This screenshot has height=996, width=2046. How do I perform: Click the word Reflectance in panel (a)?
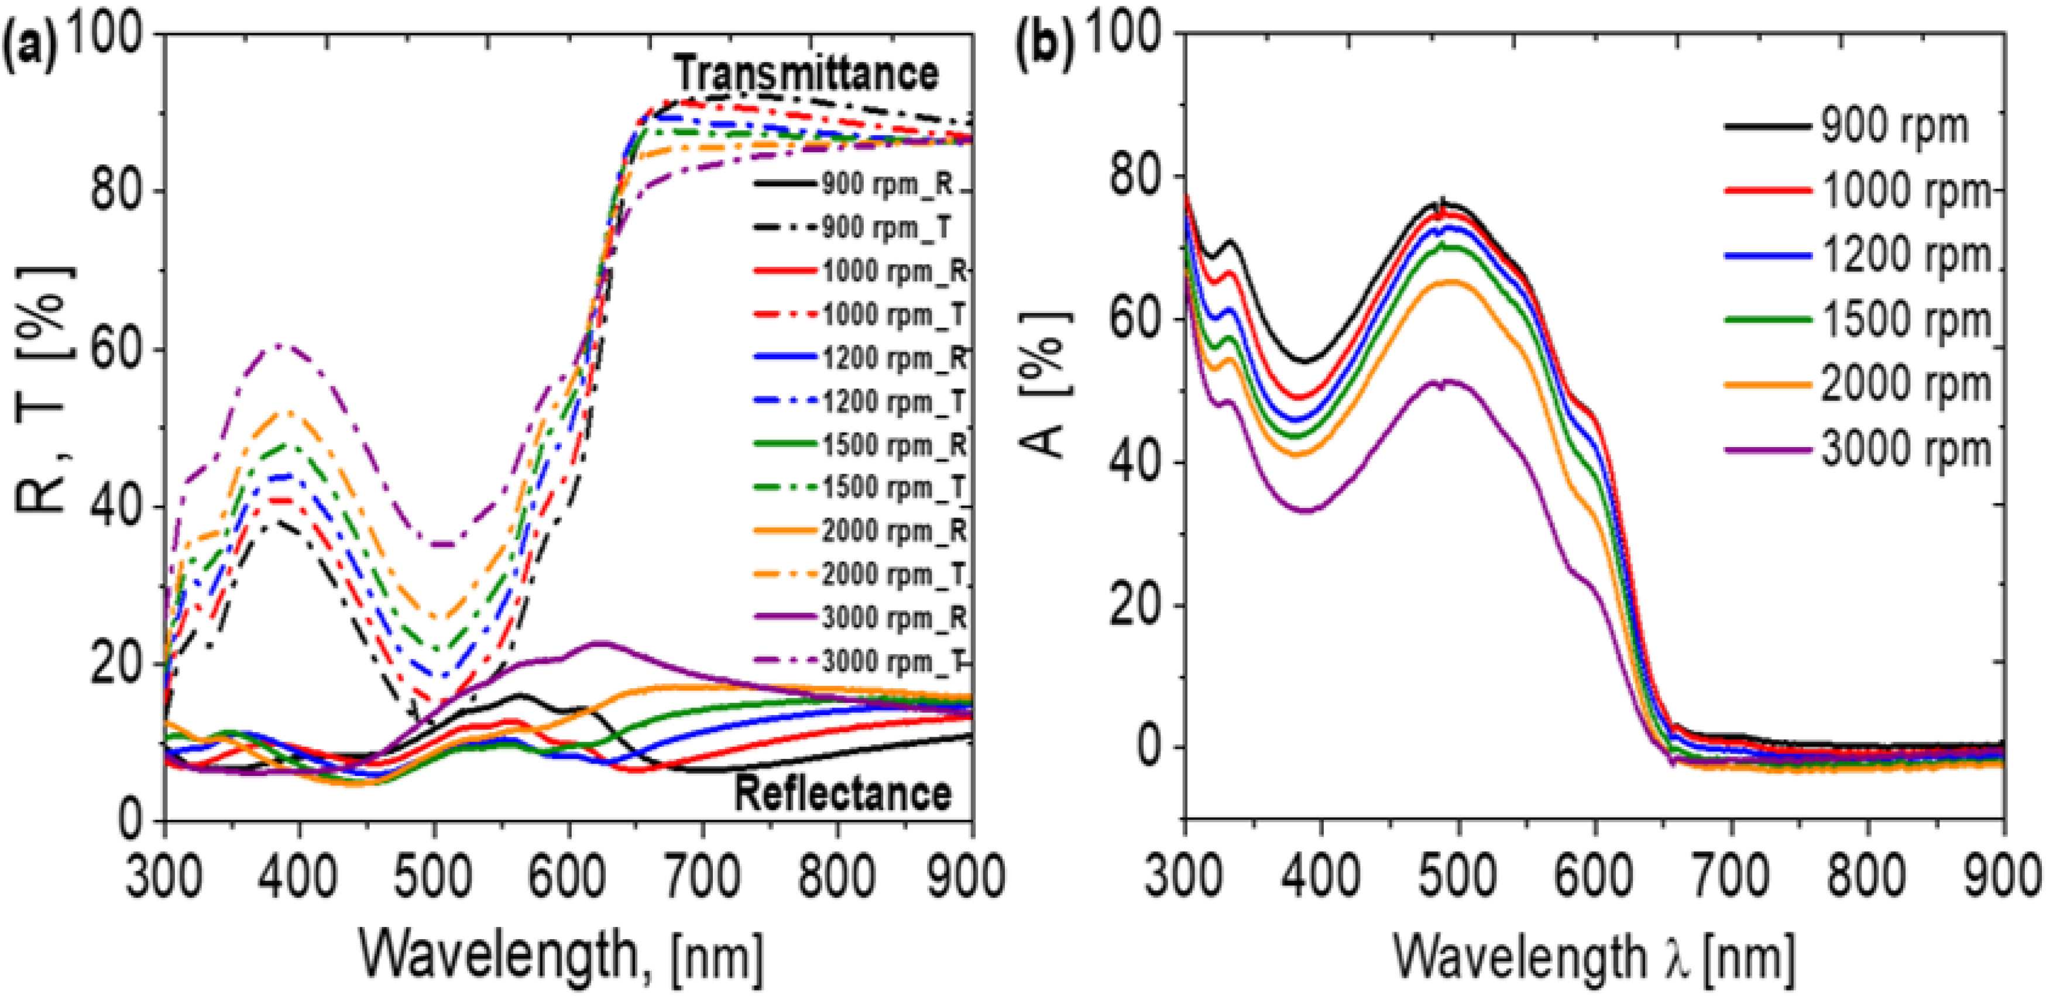pyautogui.click(x=842, y=794)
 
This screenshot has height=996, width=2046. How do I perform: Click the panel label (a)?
pyautogui.click(x=30, y=49)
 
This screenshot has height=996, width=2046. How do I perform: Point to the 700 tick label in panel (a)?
pyautogui.click(x=702, y=876)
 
